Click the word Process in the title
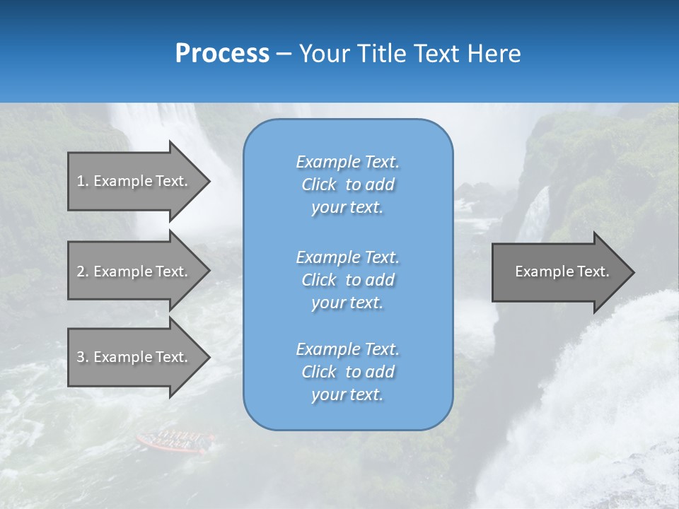(x=222, y=54)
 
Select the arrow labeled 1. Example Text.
(x=134, y=181)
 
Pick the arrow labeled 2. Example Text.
(x=134, y=271)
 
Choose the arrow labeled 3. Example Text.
(x=134, y=357)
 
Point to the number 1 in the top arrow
(x=81, y=181)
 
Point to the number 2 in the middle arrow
(x=81, y=271)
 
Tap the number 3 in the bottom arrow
(x=81, y=357)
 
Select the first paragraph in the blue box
(x=347, y=185)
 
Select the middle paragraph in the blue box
(x=347, y=280)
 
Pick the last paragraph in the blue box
(x=347, y=372)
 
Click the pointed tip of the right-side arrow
(x=633, y=272)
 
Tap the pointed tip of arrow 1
(x=209, y=181)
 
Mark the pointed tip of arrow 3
(x=209, y=357)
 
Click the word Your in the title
(x=323, y=54)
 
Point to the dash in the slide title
(x=284, y=54)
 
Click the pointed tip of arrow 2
(x=209, y=271)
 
